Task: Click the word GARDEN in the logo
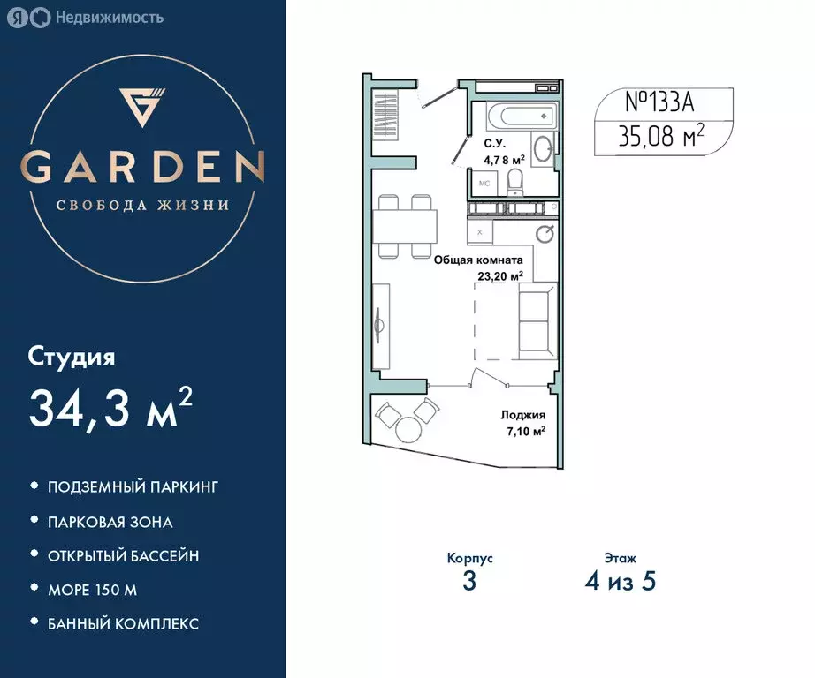[x=143, y=167]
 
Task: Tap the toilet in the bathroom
[x=514, y=182]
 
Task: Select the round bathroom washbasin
[x=545, y=149]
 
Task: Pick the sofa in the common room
[x=537, y=320]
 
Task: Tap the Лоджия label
[x=522, y=415]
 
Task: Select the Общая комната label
[x=477, y=260]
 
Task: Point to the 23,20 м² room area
[x=499, y=275]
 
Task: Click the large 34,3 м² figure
[x=110, y=407]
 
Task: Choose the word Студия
[x=72, y=357]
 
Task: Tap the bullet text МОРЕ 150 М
[x=92, y=590]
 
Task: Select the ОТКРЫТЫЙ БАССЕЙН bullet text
[x=123, y=556]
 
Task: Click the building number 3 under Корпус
[x=469, y=583]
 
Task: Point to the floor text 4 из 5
[x=620, y=583]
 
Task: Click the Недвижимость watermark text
[x=109, y=17]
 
